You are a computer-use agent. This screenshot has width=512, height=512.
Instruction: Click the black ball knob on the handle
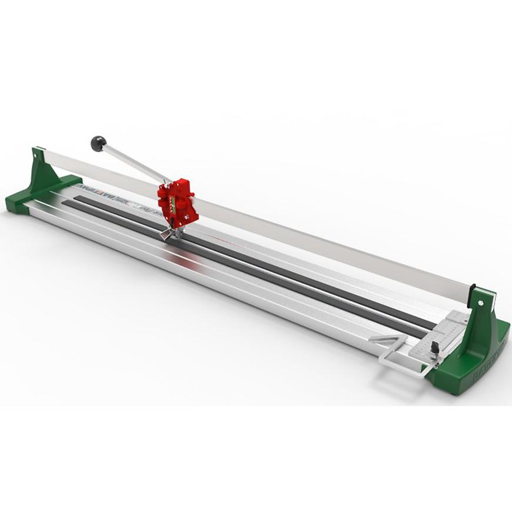pyautogui.click(x=98, y=143)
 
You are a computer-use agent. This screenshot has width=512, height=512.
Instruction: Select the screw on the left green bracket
pyautogui.click(x=35, y=156)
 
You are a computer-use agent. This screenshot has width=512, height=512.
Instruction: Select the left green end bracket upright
pyautogui.click(x=44, y=167)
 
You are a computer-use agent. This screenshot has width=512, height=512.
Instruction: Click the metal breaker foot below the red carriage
pyautogui.click(x=167, y=234)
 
